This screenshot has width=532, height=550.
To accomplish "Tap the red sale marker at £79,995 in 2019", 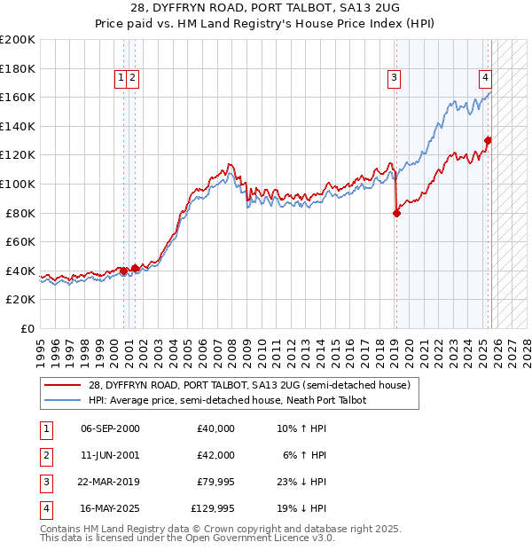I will pos(396,213).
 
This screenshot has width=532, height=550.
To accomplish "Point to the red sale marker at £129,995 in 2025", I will pos(488,140).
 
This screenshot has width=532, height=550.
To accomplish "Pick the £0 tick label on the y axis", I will pos(27,328).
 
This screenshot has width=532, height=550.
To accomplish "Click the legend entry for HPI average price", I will pos(231,401).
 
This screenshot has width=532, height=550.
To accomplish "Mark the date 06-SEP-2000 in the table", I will pos(109,428).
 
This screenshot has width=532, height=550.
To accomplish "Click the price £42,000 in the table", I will pos(215,455).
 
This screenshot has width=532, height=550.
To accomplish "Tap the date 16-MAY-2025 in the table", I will pos(110,508).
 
